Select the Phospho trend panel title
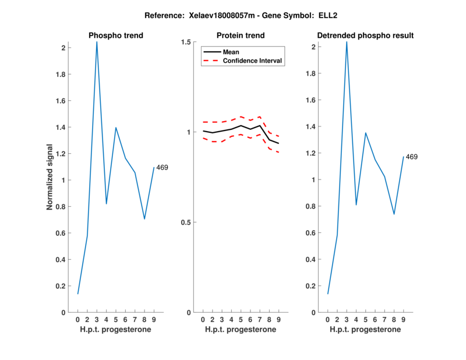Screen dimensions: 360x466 click(115, 36)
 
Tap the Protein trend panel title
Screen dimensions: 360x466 click(241, 36)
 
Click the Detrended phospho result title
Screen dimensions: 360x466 click(365, 36)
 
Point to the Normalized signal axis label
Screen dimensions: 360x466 click(51, 177)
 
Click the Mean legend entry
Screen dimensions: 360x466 click(231, 52)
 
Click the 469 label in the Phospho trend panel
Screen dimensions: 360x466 click(162, 168)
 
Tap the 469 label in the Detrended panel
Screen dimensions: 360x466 click(412, 157)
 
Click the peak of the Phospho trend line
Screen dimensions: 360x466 click(97, 42)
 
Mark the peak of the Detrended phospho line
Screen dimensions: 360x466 click(347, 42)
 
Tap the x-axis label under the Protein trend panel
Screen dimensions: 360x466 click(241, 330)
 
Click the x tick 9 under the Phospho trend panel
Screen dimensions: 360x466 click(154, 320)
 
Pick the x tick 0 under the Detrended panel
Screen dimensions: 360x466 click(328, 320)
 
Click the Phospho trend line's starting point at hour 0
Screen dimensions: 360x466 click(78, 294)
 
